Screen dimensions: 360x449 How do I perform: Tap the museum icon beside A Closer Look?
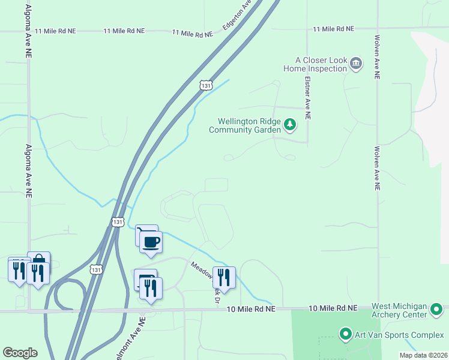coord(356,64)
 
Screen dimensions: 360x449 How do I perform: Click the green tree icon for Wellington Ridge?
coord(290,125)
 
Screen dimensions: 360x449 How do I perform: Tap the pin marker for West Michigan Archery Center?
coord(437,310)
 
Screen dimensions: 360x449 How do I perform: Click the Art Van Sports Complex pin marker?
coord(345,334)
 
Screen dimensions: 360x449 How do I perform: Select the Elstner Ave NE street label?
coord(307,98)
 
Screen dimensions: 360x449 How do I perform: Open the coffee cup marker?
coord(151,241)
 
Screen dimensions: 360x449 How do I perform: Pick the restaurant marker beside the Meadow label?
coord(224,277)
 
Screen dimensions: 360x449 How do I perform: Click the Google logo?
coord(20,353)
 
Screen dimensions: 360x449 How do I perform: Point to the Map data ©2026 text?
coord(423,355)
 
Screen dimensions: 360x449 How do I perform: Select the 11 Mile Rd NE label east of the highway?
coord(333,28)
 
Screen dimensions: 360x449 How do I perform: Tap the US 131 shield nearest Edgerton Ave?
coord(206,86)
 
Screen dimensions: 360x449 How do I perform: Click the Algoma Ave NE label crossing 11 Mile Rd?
coord(28,32)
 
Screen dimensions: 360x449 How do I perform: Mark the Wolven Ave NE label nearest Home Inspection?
coord(377,58)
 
